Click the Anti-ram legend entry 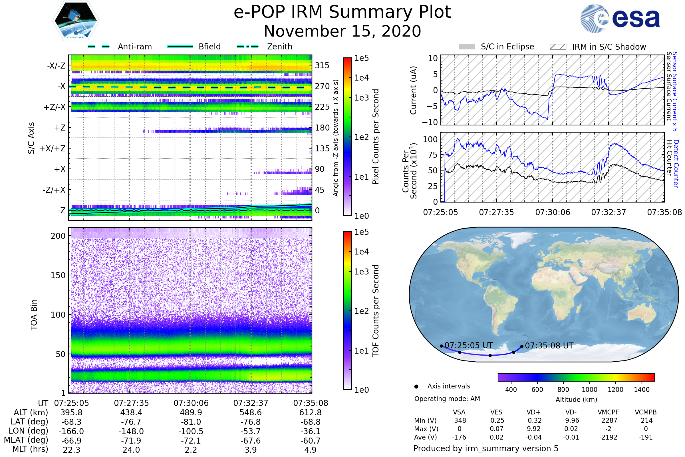pos(120,47)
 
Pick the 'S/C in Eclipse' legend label pos(507,47)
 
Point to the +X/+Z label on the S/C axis pos(53,149)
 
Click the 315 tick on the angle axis pos(322,65)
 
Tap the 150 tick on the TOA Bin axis pos(58,275)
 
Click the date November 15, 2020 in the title pos(342,31)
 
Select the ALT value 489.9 pos(191,412)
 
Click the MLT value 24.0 pos(131,450)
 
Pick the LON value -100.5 pos(191,431)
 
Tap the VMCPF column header pos(608,412)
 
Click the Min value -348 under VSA pos(459,420)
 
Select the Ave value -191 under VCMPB pos(646,437)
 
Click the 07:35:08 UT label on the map pos(549,346)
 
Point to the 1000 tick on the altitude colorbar pos(589,390)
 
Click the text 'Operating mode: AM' pos(447,399)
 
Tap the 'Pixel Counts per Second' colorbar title pos(376,137)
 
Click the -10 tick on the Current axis pos(430,122)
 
